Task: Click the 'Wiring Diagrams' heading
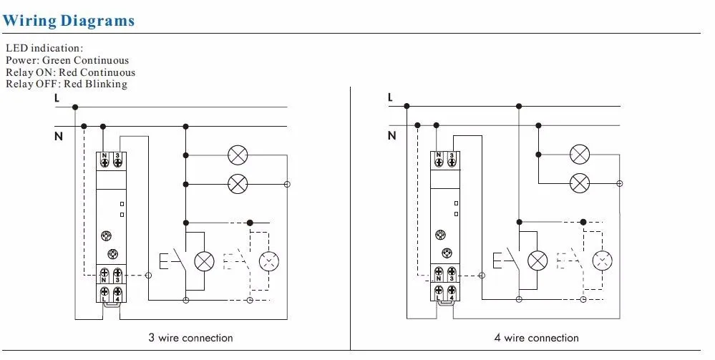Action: (69, 21)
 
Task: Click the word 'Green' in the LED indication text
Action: (57, 60)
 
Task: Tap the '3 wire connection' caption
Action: (190, 338)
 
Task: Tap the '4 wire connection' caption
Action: (537, 338)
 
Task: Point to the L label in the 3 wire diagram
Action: (57, 98)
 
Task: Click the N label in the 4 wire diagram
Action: (391, 135)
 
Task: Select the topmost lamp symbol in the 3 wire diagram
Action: (238, 155)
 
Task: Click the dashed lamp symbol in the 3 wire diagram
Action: (269, 261)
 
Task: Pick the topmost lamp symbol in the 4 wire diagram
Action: (580, 154)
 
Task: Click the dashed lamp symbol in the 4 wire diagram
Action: (603, 261)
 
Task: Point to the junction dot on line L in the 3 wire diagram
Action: (75, 107)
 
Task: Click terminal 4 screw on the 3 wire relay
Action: (117, 291)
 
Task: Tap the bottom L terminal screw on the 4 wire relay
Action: (439, 290)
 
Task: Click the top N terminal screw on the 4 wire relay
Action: (439, 160)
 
